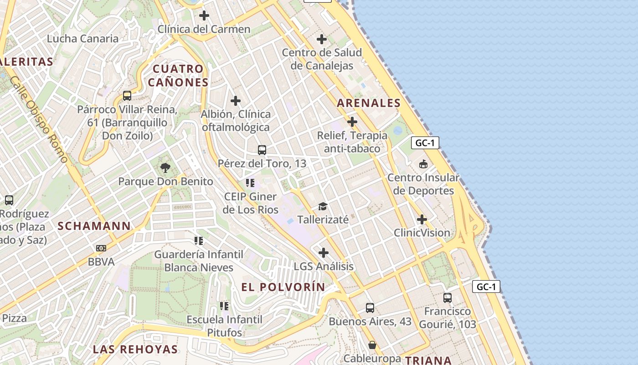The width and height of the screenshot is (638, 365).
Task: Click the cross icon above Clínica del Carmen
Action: pyautogui.click(x=204, y=16)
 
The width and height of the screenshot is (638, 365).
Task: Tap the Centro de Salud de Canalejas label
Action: pyautogui.click(x=322, y=59)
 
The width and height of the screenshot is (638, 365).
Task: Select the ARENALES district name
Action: pyautogui.click(x=369, y=103)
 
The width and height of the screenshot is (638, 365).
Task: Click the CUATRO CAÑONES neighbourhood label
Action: pyautogui.click(x=178, y=76)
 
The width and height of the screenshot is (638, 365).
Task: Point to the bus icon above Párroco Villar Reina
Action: pyautogui.click(x=127, y=96)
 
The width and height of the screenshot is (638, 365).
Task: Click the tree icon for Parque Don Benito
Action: pyautogui.click(x=165, y=167)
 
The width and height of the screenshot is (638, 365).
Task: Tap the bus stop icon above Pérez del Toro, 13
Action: pyautogui.click(x=262, y=150)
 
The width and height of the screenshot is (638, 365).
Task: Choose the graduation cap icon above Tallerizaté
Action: pyautogui.click(x=323, y=206)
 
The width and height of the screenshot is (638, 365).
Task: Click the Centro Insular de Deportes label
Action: pyautogui.click(x=423, y=184)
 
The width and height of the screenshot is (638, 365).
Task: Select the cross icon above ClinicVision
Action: pyautogui.click(x=422, y=219)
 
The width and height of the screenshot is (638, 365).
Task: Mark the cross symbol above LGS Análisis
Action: pyautogui.click(x=324, y=253)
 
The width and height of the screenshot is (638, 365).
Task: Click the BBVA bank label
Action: pyautogui.click(x=101, y=262)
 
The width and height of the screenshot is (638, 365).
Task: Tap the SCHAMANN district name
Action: pyautogui.click(x=94, y=226)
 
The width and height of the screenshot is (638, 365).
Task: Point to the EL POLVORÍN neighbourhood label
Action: pyautogui.click(x=283, y=287)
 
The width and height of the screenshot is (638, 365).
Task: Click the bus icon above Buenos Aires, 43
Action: pyautogui.click(x=370, y=308)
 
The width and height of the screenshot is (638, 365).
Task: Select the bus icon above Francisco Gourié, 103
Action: pyautogui.click(x=448, y=298)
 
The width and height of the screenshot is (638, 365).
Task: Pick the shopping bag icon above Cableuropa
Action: pyautogui.click(x=372, y=345)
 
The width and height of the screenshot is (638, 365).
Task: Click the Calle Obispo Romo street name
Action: pyautogui.click(x=39, y=120)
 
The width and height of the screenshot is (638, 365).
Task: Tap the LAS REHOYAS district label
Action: pyautogui.click(x=135, y=349)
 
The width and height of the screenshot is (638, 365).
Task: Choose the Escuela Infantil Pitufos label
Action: pyautogui.click(x=224, y=326)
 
